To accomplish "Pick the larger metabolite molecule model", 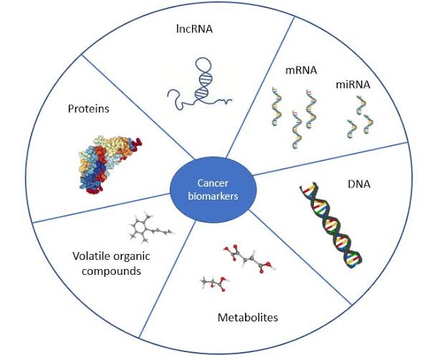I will [250, 261].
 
